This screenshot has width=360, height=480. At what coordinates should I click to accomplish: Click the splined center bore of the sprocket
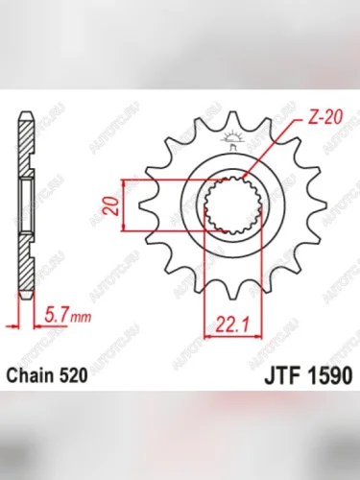coord(230,204)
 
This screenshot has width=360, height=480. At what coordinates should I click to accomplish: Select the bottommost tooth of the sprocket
coord(230,292)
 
